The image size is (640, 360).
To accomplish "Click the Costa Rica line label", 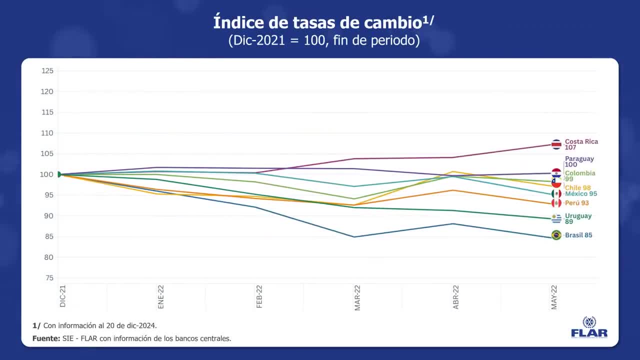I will pos(581,144).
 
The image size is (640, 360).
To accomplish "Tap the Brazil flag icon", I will pos(556,235).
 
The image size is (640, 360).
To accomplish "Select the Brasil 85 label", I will pos(578,235).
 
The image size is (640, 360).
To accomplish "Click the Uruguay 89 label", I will pos(578,218).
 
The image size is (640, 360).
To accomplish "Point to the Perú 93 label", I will pos(577,203).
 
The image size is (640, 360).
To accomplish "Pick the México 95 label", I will pos(581,193).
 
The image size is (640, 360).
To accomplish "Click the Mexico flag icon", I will pos(556,193).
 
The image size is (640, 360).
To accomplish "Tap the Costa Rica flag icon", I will pos(556,144).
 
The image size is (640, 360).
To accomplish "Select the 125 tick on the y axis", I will pos(47,71).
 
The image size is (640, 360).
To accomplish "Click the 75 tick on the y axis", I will pos(49,278).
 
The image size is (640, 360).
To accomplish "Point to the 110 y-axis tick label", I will pos(47,133).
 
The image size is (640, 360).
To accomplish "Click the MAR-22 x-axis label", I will pos(357,297).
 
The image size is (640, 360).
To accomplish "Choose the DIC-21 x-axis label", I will pos(63,296).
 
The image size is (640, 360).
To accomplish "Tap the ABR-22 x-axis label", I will pos(456,297).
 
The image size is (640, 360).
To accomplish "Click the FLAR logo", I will pos(589,327).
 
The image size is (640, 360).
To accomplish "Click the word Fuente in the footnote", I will pos(46,338).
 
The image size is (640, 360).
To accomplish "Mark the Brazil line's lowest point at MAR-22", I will pos(354,237).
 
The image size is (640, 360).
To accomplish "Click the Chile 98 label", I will pos(577,187).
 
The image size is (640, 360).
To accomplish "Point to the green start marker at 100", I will pos(58,174).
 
